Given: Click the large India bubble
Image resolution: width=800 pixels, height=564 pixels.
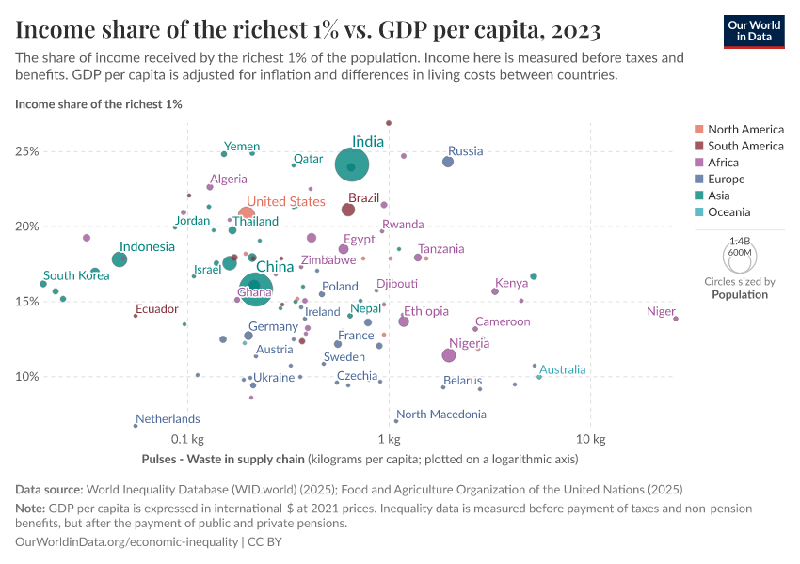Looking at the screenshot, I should (352, 165).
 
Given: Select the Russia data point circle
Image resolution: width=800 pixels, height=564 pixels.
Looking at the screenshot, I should (448, 162).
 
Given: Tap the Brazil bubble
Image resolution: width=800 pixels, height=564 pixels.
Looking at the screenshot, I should (348, 209).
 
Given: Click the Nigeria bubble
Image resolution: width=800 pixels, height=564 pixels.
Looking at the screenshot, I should (449, 354).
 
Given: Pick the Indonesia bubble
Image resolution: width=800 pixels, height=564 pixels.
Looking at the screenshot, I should (120, 259).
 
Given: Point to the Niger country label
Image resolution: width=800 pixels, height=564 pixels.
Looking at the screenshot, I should (661, 312).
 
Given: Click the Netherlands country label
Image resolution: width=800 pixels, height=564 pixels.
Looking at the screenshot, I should (168, 419).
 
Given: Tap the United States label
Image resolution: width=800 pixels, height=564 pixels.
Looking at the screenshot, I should (286, 202).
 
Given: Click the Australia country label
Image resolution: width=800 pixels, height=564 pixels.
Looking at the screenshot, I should (562, 369).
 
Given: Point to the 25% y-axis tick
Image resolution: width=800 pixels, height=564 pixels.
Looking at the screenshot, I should (27, 151).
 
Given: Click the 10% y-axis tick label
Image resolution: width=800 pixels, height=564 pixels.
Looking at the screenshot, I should (27, 376).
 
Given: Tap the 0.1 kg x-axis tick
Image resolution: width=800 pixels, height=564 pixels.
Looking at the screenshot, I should (187, 440).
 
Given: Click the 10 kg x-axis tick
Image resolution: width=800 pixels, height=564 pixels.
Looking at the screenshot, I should (590, 440).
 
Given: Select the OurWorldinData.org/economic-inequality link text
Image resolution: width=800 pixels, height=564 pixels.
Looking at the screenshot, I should (127, 542).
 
